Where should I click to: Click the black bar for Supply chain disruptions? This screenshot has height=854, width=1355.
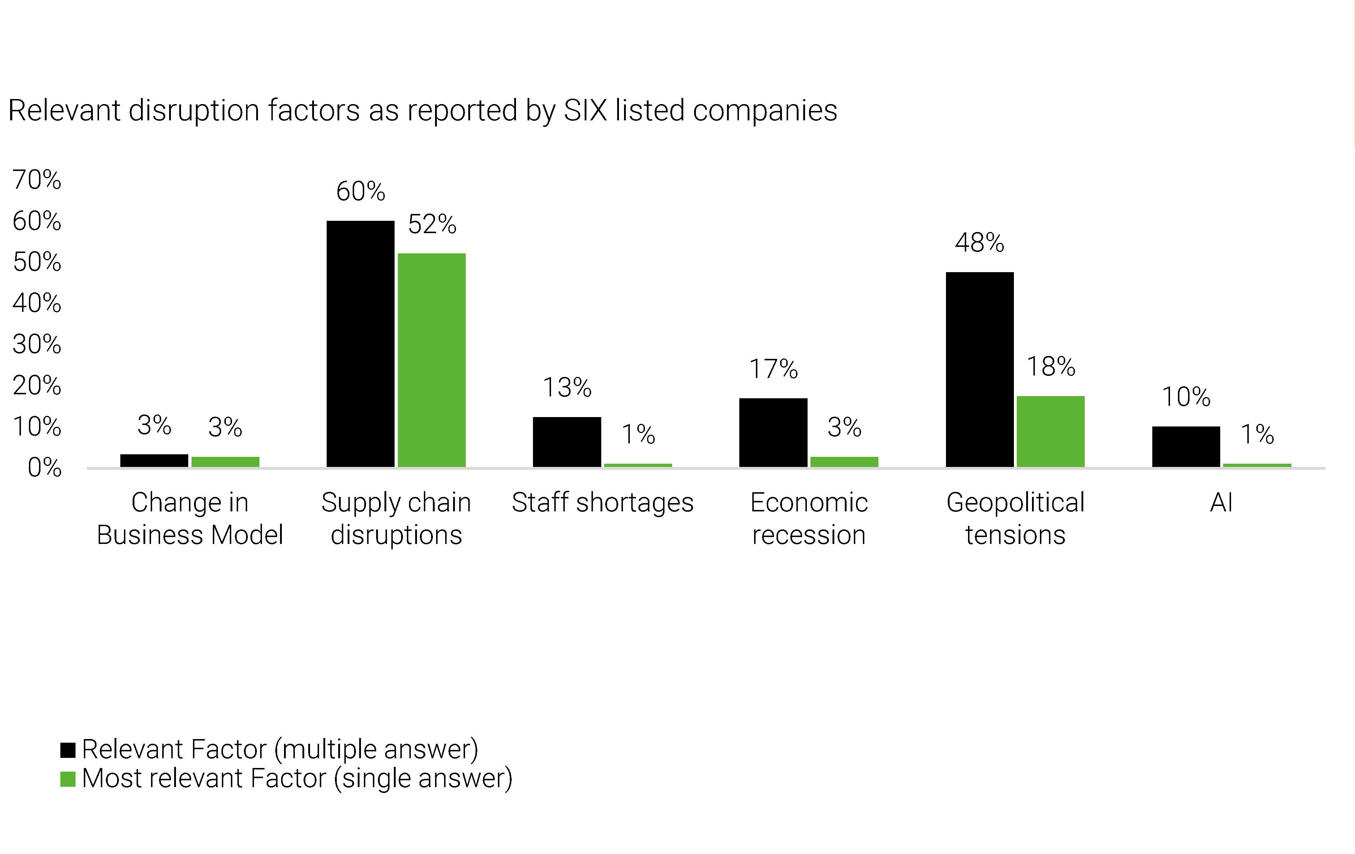click(360, 343)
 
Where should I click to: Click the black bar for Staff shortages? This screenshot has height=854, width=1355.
click(567, 442)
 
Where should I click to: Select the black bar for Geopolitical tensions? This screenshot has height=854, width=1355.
click(979, 369)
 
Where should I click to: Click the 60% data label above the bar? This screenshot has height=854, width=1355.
click(360, 192)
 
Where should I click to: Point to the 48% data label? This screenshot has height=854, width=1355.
click(979, 243)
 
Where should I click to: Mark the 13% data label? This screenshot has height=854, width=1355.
click(567, 387)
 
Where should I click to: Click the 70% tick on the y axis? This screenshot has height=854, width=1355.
click(36, 180)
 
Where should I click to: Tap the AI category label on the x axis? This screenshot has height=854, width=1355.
click(1221, 502)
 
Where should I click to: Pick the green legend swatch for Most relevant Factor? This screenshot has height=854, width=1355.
click(68, 779)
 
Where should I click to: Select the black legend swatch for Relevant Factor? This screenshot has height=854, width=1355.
click(68, 750)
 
